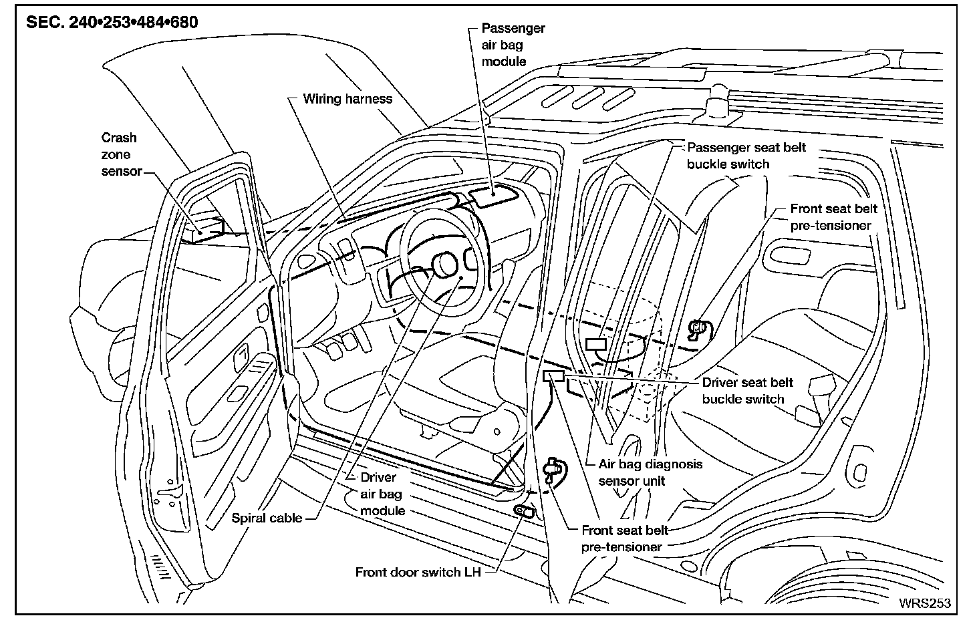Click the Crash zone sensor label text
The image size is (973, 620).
pos(121,154)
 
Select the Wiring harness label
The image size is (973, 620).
pos(347,99)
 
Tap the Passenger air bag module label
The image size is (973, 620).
pos(513,45)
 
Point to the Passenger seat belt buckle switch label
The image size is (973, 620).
pos(746,156)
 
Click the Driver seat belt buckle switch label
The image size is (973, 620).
pos(746,391)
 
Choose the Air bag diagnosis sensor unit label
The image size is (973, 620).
pos(650,472)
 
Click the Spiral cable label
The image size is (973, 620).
pos(267,518)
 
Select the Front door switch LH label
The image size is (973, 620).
pos(418,572)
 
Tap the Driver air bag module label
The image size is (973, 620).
pos(382,494)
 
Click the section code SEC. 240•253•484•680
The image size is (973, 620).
pos(112,22)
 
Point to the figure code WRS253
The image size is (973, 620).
pos(924,603)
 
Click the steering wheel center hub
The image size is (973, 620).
pos(443,263)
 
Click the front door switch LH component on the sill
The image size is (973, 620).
pos(524,510)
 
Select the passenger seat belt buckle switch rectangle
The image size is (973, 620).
pos(595,344)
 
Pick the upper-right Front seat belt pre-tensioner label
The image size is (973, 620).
pos(833,217)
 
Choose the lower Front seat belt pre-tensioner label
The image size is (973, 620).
pos(624,538)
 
